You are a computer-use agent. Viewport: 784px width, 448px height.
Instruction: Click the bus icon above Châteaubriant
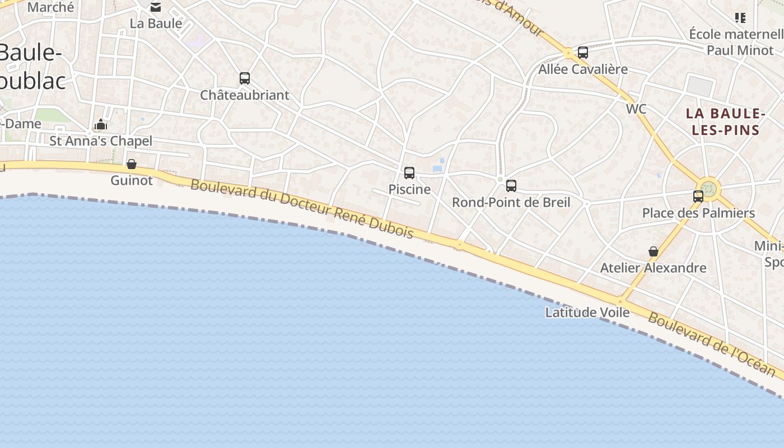point(245,78)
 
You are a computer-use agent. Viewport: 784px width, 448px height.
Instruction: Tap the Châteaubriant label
point(245,95)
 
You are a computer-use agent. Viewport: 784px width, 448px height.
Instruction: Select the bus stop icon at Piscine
point(409,173)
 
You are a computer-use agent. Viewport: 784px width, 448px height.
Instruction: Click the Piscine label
point(409,189)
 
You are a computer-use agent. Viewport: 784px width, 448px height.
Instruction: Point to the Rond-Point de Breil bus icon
point(511,186)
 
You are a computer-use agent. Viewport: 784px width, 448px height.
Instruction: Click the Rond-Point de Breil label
point(511,202)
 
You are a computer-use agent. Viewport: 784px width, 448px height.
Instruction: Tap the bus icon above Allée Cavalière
point(583,53)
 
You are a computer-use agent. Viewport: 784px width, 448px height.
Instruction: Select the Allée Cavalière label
point(583,69)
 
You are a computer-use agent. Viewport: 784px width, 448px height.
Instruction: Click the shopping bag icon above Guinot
point(132,164)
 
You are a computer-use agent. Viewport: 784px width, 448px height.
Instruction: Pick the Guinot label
point(132,180)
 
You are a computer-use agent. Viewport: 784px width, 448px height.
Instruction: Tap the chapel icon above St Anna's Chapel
point(101,124)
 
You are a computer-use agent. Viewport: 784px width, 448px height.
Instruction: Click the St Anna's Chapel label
point(101,141)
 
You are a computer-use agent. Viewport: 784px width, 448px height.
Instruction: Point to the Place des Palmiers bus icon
point(698,197)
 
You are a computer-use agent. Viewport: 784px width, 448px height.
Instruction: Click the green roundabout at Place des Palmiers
point(708,188)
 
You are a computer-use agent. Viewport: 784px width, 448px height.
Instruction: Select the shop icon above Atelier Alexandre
point(653,251)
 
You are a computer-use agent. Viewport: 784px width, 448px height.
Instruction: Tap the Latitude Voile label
point(587,312)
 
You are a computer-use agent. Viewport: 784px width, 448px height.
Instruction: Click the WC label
point(636,109)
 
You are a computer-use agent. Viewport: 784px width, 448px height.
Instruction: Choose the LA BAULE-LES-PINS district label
point(726,122)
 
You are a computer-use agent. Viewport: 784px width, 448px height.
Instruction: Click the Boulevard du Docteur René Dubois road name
point(302,208)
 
